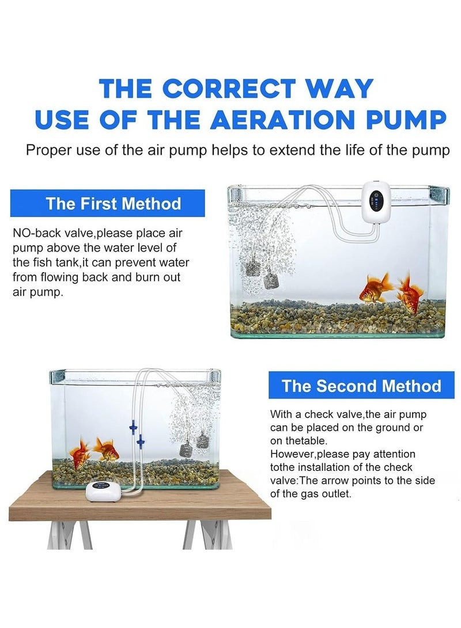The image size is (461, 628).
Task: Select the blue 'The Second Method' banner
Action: point(361,386)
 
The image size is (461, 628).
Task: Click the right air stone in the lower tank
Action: point(202,441)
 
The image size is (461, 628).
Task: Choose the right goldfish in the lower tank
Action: point(105,450)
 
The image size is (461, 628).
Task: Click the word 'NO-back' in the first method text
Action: point(34,234)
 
